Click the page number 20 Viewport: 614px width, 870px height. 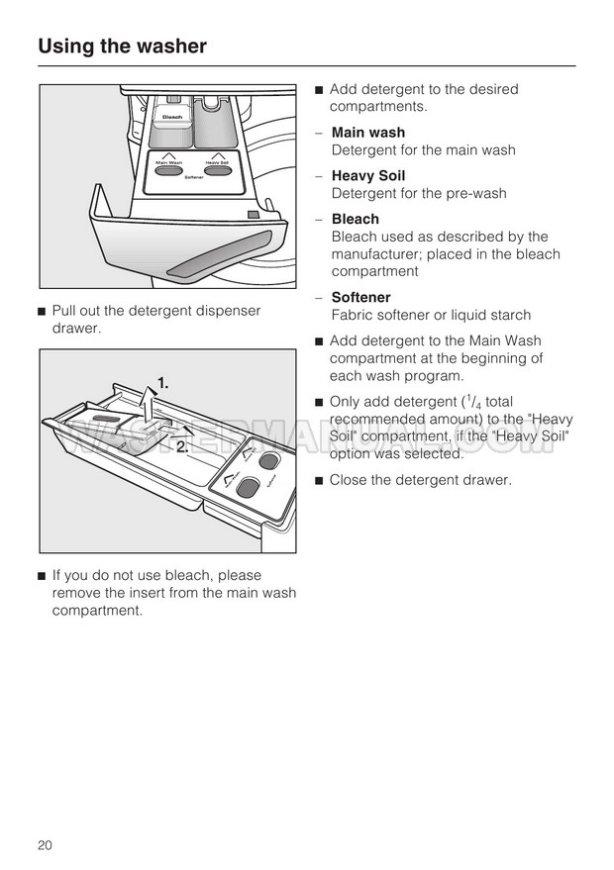click(x=45, y=845)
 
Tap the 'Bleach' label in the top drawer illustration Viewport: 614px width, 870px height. click(x=173, y=117)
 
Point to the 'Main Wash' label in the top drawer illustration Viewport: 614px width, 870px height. click(x=169, y=161)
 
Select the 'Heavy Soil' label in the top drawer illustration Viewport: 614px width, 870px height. click(x=219, y=161)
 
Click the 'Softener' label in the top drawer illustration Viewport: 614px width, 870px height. click(x=194, y=177)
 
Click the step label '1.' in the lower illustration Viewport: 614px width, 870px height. click(x=162, y=382)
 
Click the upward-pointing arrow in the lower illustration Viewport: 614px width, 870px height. click(x=147, y=402)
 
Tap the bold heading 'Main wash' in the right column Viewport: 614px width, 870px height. click(x=368, y=133)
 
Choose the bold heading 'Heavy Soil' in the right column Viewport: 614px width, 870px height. click(x=368, y=176)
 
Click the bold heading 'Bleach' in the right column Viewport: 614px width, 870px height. click(x=356, y=220)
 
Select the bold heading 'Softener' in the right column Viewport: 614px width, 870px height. click(x=361, y=298)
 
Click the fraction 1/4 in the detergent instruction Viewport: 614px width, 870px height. click(x=476, y=402)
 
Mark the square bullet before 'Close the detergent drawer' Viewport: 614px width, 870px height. click(x=320, y=481)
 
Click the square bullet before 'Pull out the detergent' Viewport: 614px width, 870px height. click(x=42, y=312)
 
